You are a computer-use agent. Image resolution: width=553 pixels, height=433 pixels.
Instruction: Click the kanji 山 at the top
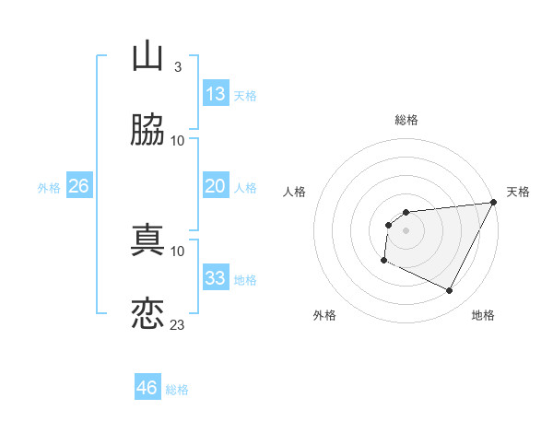tap(148, 56)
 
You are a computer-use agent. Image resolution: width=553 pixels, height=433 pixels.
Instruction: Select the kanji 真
tap(148, 240)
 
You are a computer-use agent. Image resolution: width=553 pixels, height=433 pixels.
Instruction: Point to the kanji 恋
tap(148, 313)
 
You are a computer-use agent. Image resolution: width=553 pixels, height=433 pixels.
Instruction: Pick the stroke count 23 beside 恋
tap(177, 324)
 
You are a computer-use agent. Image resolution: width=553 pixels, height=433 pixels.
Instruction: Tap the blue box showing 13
tap(216, 94)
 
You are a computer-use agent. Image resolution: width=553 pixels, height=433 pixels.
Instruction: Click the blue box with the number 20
tap(216, 186)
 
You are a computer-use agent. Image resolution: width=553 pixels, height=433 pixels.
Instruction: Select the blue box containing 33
tap(216, 278)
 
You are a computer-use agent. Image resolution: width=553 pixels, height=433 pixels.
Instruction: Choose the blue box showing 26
tap(78, 186)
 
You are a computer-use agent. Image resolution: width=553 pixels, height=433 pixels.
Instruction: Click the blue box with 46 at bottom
tap(147, 388)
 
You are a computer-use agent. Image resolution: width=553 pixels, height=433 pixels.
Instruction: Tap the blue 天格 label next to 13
tap(245, 96)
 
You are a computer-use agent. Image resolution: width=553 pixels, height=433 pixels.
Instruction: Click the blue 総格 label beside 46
tap(177, 390)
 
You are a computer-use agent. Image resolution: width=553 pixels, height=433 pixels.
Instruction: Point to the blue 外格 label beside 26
tap(49, 188)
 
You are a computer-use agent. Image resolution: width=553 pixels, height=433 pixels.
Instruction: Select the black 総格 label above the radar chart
tap(406, 120)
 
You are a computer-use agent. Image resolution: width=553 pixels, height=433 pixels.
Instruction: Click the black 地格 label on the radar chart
tap(483, 315)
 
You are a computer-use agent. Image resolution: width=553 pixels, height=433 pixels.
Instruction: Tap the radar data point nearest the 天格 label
tap(494, 203)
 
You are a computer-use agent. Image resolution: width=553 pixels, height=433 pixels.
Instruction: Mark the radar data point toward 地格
tap(450, 291)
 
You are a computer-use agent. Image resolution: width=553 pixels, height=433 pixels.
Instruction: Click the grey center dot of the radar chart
tap(406, 230)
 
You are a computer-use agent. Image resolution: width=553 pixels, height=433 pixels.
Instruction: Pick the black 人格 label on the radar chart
tap(295, 192)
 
